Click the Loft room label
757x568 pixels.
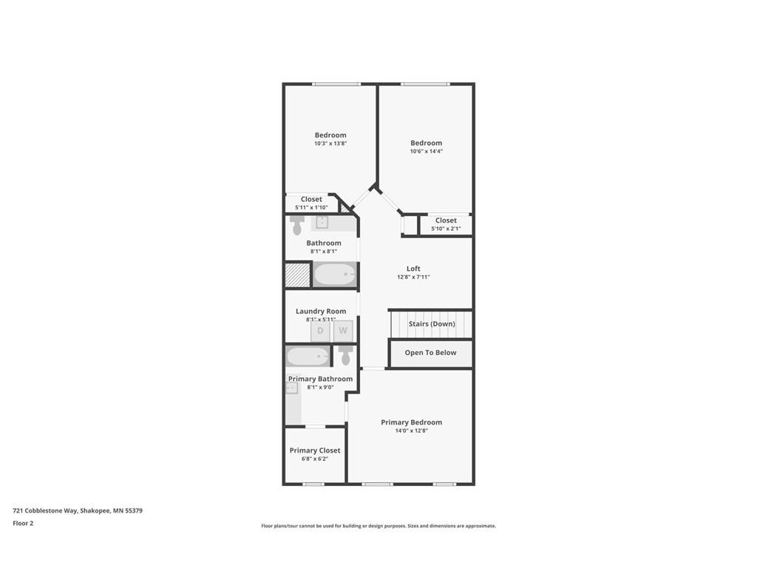click(413, 268)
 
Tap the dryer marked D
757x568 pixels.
click(321, 331)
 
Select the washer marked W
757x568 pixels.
click(343, 331)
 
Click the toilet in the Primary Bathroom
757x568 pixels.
click(345, 356)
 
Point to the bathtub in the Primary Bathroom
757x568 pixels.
click(308, 357)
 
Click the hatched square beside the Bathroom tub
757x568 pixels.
click(297, 275)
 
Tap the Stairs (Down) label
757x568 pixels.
click(432, 324)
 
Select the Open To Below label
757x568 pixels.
click(431, 353)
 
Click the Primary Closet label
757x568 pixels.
click(315, 450)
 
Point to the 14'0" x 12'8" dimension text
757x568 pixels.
click(411, 431)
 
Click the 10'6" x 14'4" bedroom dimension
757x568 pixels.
click(427, 151)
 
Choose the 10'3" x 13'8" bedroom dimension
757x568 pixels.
click(330, 143)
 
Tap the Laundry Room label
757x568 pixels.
click(321, 311)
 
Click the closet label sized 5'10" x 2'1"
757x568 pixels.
click(446, 220)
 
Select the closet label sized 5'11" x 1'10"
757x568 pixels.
click(311, 199)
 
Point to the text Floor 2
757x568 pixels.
click(23, 523)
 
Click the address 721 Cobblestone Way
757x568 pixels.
click(45, 510)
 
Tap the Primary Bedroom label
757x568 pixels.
click(411, 422)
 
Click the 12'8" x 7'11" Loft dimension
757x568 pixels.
click(413, 277)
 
